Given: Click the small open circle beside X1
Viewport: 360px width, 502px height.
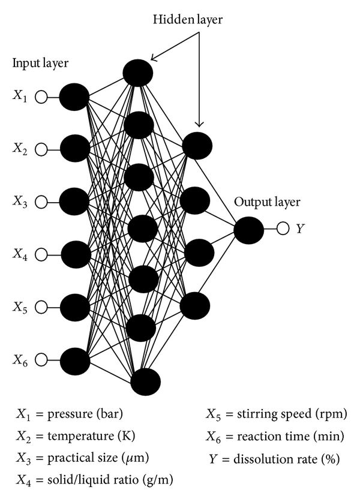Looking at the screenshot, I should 41,97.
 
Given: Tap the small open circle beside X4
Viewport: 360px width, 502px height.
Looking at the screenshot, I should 41,255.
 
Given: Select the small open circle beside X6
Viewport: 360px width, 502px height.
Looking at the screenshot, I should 41,360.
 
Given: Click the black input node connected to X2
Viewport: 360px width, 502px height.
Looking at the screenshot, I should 74,149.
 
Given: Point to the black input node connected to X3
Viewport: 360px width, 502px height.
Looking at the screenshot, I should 74,202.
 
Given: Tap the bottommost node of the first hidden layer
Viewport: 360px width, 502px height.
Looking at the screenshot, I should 146,382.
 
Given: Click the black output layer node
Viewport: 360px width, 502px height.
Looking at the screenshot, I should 249,230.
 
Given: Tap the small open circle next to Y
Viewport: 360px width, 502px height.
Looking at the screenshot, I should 284,229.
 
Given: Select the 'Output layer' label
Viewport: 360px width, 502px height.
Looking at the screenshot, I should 267,202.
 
